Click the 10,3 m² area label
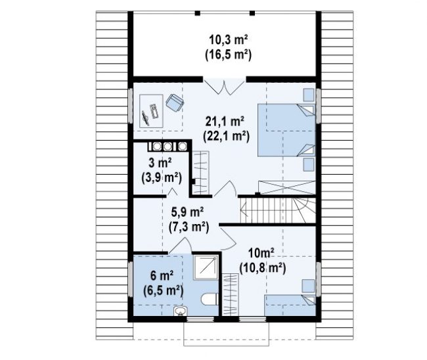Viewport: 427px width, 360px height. pos(228,40)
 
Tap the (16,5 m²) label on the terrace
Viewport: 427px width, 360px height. pos(228,55)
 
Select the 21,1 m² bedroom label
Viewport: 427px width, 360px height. pos(225,121)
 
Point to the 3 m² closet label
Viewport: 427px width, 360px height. pos(160,163)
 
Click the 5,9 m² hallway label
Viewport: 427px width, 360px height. pos(188,212)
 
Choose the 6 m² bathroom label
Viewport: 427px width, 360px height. pos(162,276)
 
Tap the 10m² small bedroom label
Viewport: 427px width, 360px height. pos(261,254)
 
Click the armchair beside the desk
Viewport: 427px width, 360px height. pos(175,102)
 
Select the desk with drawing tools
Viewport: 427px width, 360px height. pos(151,111)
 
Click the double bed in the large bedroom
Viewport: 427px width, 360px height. pos(286,130)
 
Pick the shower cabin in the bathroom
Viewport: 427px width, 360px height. pos(206,267)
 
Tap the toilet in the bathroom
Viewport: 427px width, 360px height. pos(210,299)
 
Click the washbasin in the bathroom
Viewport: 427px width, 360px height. pos(180,311)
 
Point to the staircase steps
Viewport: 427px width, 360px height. pos(277,210)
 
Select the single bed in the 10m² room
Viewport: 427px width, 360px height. pos(290,305)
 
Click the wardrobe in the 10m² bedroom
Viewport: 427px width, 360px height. pos(231,295)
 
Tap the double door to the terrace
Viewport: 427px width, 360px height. pos(225,87)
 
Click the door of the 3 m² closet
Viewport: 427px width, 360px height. pos(172,192)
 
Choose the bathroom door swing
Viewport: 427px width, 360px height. pos(180,245)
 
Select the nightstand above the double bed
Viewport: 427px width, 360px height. pos(309,95)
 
